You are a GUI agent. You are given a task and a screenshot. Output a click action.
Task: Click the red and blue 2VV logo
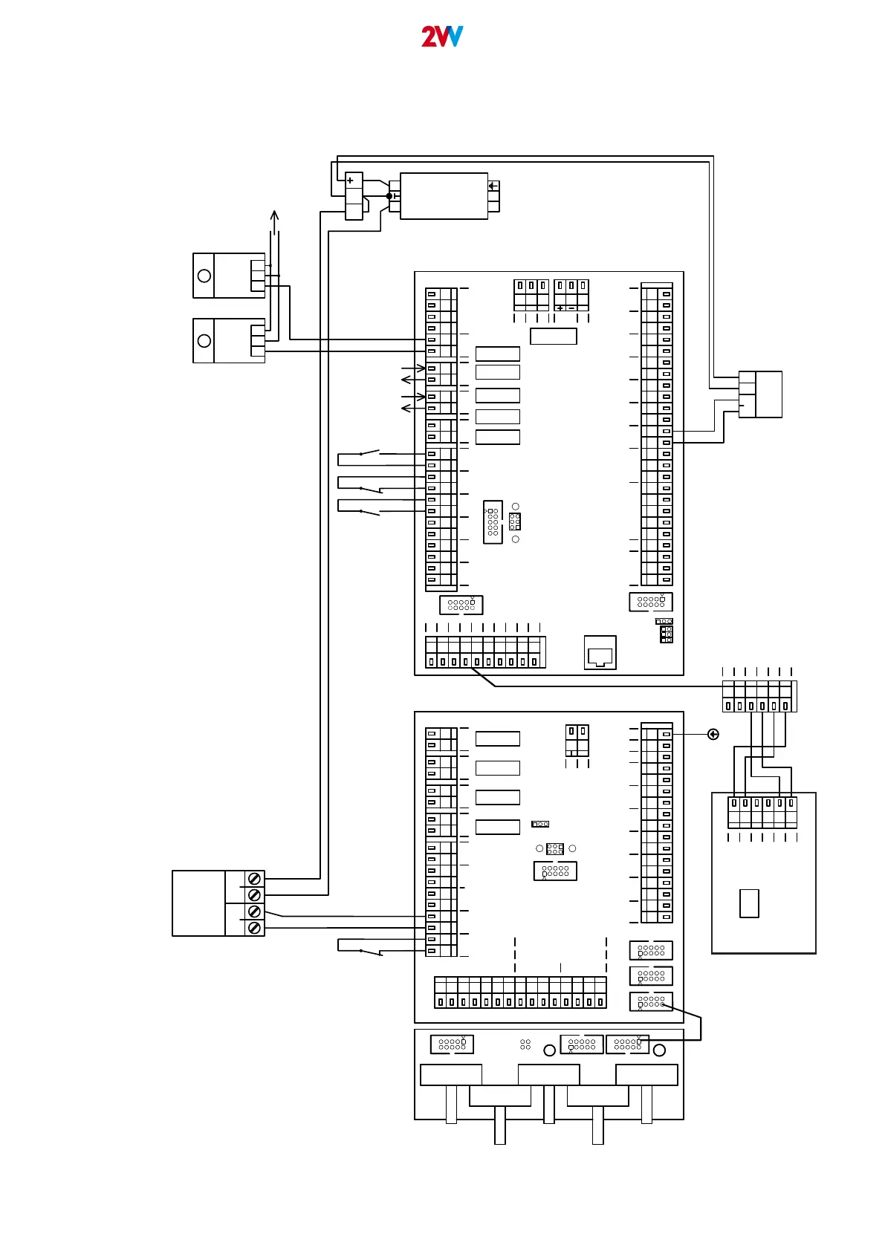(x=442, y=36)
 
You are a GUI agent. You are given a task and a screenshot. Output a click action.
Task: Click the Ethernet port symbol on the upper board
(x=600, y=652)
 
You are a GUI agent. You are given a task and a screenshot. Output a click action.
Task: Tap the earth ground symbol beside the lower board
(x=713, y=735)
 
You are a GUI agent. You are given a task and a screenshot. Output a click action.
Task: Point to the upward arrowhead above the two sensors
(x=274, y=215)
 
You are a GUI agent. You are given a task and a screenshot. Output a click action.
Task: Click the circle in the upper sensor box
(x=204, y=276)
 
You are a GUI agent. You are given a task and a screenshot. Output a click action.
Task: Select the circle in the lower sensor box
(x=204, y=341)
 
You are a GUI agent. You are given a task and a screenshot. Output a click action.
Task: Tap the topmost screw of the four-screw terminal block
(x=254, y=879)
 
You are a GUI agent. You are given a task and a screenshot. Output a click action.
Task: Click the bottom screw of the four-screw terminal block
(x=254, y=928)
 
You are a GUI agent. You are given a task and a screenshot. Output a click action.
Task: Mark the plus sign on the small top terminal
(x=350, y=181)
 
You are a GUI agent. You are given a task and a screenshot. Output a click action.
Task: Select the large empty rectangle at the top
(x=444, y=196)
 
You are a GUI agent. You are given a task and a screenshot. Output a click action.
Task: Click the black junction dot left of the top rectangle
(x=389, y=196)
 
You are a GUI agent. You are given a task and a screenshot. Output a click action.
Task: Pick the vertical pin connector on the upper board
(x=493, y=522)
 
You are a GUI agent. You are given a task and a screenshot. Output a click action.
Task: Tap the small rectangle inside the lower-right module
(x=749, y=903)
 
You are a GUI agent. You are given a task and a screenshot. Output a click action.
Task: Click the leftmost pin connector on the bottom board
(x=452, y=1044)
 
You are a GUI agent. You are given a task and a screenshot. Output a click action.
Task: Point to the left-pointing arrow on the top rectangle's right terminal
(x=493, y=186)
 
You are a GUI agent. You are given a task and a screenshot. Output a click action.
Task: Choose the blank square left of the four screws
(x=199, y=903)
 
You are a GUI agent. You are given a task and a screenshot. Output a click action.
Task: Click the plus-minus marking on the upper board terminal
(x=565, y=308)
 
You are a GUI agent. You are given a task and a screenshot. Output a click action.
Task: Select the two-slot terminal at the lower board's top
(x=577, y=741)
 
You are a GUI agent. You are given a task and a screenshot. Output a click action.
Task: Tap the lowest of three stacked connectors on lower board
(x=651, y=1001)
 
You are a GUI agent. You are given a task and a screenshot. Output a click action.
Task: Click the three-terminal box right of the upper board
(x=760, y=394)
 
